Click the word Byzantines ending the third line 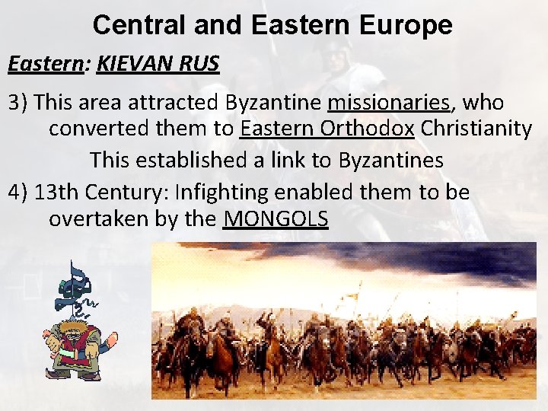(390, 161)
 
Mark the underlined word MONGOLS (276, 220)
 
